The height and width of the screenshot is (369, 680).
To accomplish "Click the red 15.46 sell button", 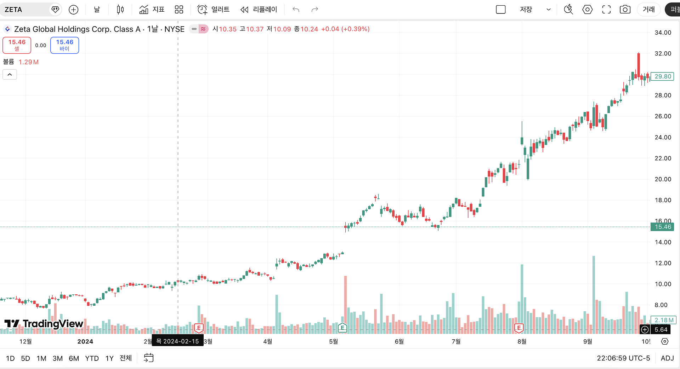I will (x=17, y=45).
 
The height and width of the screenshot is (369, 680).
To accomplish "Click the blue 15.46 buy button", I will (x=64, y=45).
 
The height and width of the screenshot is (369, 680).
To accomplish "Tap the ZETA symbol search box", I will (x=27, y=10).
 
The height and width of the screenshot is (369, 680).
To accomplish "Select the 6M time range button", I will (x=74, y=358).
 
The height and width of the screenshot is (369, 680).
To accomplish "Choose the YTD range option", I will (x=92, y=358).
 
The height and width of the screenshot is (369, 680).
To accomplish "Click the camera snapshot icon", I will (x=625, y=10).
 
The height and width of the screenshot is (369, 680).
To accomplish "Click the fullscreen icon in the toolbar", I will (x=606, y=10).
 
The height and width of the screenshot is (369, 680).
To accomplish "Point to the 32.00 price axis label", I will (x=663, y=53).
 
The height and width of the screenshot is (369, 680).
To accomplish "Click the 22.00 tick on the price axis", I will (x=663, y=158).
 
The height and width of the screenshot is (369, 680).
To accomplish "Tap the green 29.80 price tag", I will (x=663, y=76).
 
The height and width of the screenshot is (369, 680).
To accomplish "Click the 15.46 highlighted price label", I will (x=662, y=227).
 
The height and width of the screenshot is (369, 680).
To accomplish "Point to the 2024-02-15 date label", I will (x=177, y=341).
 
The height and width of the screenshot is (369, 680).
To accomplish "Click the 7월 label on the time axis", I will (x=456, y=341).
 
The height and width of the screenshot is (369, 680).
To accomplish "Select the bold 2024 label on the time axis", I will (x=85, y=341).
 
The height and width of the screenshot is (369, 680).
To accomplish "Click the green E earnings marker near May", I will (x=342, y=328).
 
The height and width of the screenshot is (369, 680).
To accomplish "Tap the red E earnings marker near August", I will (x=519, y=328).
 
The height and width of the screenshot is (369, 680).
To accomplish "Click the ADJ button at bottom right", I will (x=667, y=358).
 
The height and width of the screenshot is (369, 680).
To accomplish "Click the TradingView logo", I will (x=44, y=323).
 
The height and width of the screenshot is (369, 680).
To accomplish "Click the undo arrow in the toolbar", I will (x=296, y=10).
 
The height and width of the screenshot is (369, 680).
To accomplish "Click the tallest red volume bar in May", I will (x=345, y=304).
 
